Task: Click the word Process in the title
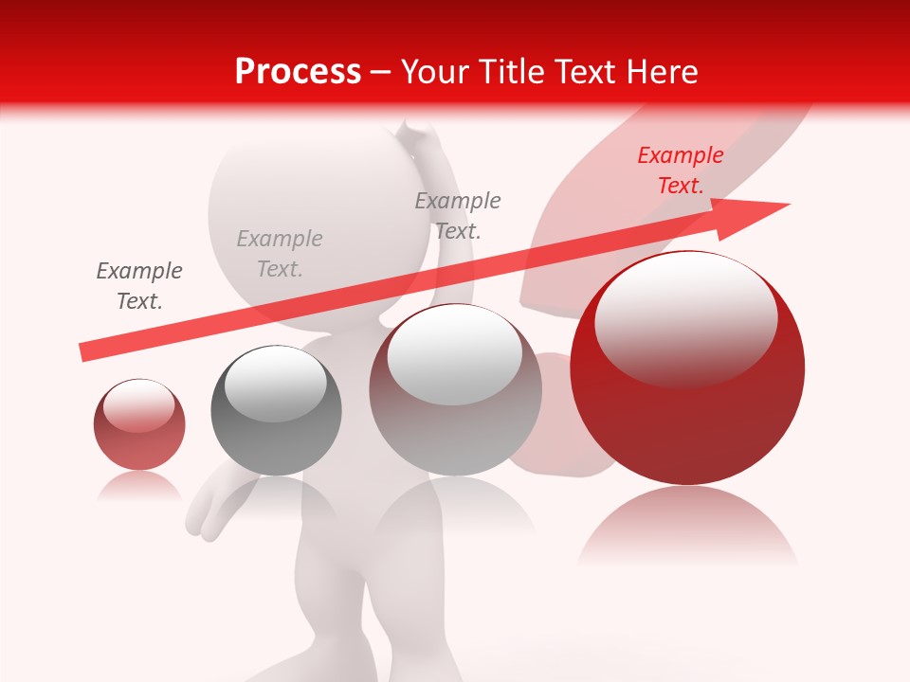click(x=298, y=72)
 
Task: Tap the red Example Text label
click(x=681, y=170)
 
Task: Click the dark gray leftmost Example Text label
click(x=139, y=286)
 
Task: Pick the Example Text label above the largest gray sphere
click(x=458, y=215)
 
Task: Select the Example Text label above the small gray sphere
click(x=280, y=254)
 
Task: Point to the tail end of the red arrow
click(x=83, y=352)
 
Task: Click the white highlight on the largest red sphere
click(x=685, y=317)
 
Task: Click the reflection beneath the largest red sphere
click(x=687, y=526)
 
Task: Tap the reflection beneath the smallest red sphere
click(x=139, y=486)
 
